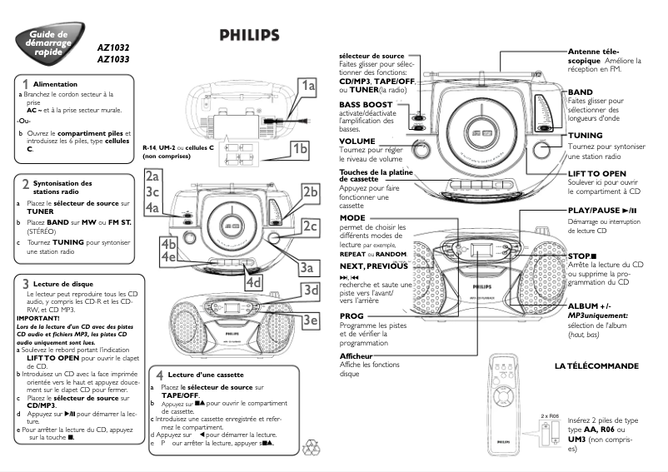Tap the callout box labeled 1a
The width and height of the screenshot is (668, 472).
(307, 86)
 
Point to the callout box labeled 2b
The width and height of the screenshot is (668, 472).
(310, 192)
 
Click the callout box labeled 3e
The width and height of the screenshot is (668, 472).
(310, 320)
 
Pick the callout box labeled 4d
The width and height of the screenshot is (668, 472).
(255, 282)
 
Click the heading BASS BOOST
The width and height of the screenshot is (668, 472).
(366, 105)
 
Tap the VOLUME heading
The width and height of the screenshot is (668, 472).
(357, 142)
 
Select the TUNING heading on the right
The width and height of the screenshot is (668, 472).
(586, 135)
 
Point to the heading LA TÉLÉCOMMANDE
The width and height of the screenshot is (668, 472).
(596, 366)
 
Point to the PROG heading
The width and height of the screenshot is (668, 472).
(352, 317)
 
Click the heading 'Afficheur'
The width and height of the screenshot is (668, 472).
(356, 356)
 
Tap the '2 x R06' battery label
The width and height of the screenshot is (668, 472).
(549, 415)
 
